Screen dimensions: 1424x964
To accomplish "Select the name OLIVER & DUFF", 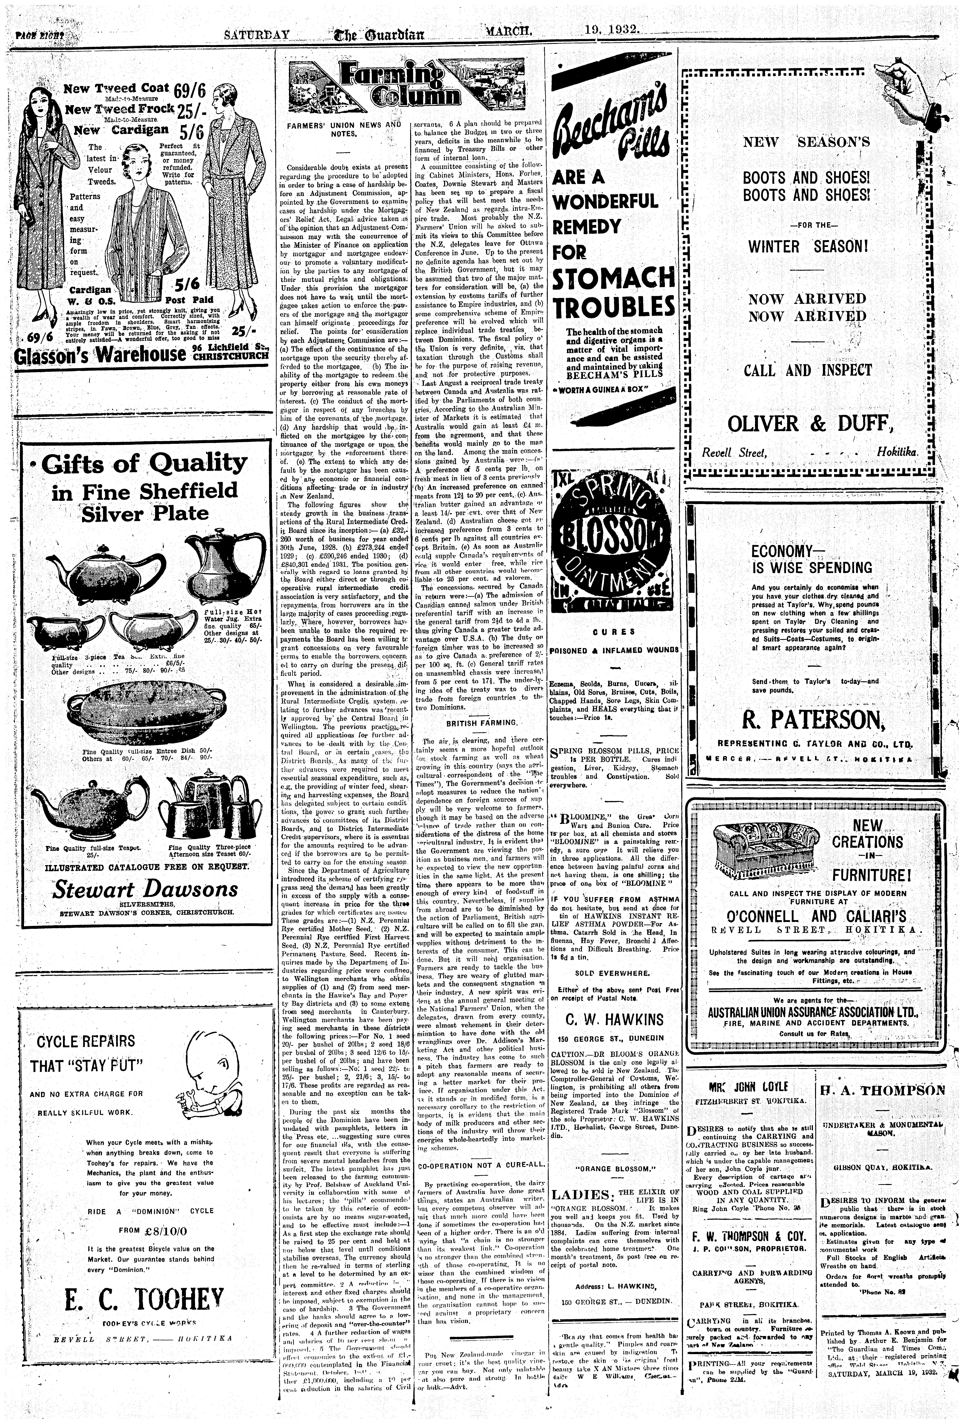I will pos(808,423).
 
